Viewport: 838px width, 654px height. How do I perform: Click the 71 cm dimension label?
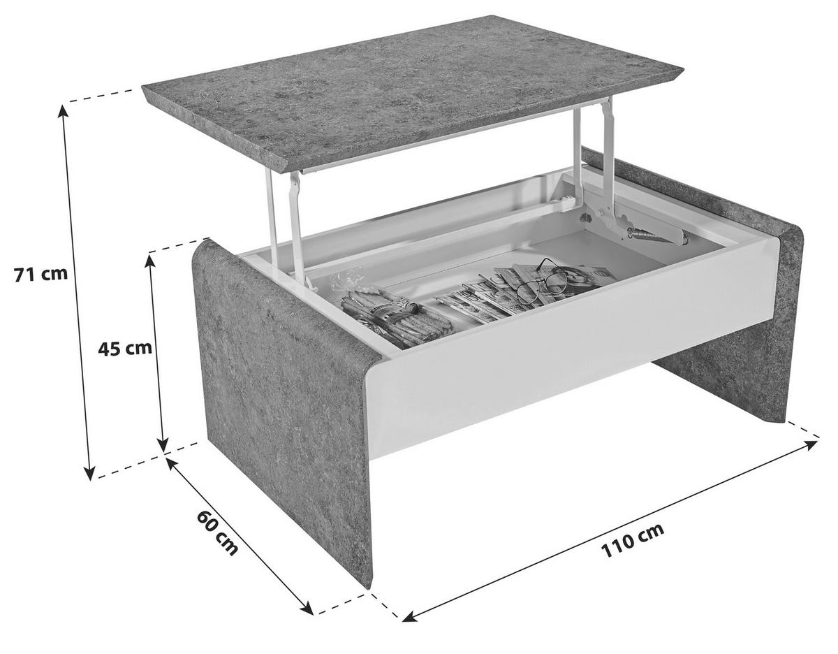[x=41, y=275]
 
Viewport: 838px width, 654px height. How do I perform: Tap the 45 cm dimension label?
[x=124, y=349]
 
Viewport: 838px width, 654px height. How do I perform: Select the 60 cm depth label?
[x=217, y=534]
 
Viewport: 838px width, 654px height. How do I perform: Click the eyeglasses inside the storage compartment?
[x=542, y=282]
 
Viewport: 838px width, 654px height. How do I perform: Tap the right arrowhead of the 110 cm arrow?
[x=809, y=444]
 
